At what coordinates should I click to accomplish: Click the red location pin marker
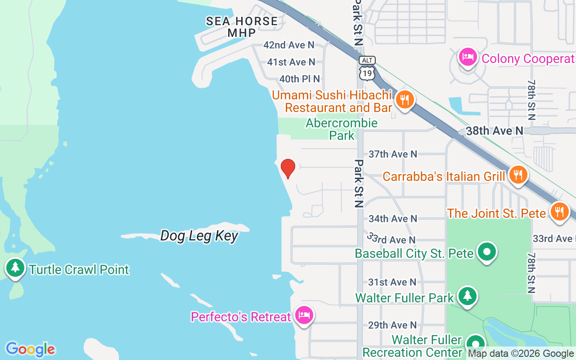[x=288, y=169]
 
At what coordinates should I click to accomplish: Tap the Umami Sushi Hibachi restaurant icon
[x=405, y=100]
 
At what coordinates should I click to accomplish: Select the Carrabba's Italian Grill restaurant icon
[x=518, y=175]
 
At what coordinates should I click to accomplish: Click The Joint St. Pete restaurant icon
[x=559, y=211]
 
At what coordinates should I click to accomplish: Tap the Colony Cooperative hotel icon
[x=468, y=57]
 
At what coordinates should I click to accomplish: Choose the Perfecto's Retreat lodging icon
[x=304, y=315]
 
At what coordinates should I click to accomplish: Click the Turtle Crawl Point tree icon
[x=16, y=268]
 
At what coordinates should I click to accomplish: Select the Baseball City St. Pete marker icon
[x=487, y=252]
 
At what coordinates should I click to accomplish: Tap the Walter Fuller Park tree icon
[x=468, y=296]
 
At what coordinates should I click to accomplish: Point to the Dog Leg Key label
[x=199, y=235]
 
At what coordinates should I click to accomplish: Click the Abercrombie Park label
[x=342, y=129]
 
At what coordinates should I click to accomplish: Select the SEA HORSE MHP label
[x=242, y=27]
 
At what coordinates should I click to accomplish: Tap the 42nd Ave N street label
[x=289, y=45]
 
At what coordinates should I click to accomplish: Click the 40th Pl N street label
[x=300, y=79]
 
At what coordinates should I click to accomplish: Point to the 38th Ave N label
[x=495, y=131]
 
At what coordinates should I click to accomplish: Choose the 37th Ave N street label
[x=393, y=154]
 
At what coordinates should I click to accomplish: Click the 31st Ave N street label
[x=392, y=282]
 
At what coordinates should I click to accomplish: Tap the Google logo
[x=30, y=349]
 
